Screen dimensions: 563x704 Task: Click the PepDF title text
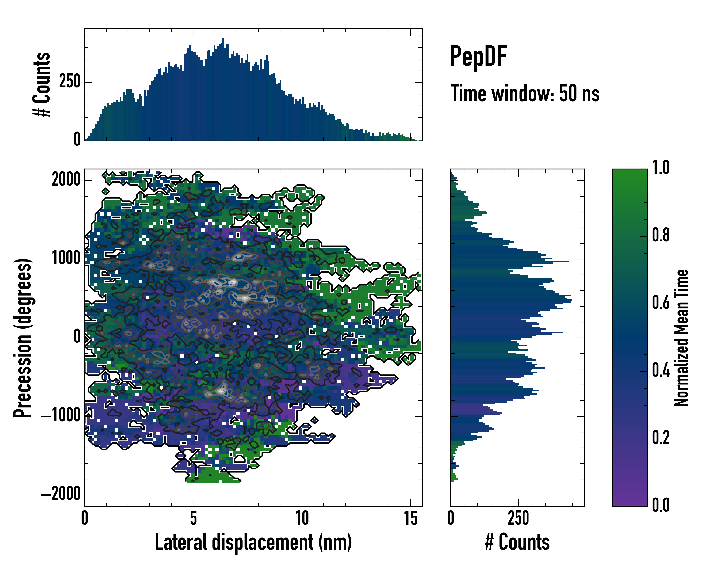[478, 57]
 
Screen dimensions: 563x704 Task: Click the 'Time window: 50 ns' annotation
[525, 93]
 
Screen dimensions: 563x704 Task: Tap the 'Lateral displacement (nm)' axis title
[253, 542]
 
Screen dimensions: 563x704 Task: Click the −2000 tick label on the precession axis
[61, 494]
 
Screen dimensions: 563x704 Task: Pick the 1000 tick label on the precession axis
[66, 259]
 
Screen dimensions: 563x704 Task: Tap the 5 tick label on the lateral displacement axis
[193, 518]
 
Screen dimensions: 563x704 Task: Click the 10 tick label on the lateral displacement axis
[302, 518]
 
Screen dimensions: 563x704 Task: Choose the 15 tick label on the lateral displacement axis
[410, 518]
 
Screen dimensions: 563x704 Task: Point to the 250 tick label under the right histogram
[518, 518]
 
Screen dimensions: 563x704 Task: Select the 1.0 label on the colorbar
[661, 167]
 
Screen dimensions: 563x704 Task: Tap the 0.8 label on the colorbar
[661, 235]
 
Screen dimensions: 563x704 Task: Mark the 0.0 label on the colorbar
[661, 505]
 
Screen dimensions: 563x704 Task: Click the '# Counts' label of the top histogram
[42, 84]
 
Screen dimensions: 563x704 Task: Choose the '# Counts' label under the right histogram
[517, 542]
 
